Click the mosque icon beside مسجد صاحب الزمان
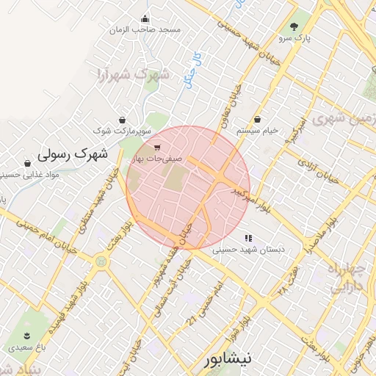[x=145, y=19]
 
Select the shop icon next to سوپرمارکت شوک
[x=121, y=119]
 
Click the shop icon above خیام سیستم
[x=257, y=119]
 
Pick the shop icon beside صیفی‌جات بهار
[x=157, y=147]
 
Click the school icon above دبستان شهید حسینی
[x=248, y=238]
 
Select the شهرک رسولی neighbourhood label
[x=71, y=154]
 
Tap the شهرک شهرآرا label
[x=133, y=74]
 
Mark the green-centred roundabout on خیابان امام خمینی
[x=101, y=261]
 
